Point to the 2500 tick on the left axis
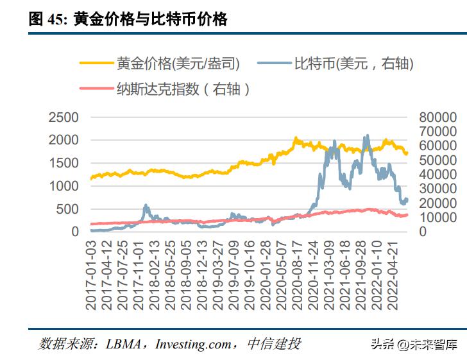point(64,117)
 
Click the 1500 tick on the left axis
point(64,163)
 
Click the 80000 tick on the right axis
point(438,117)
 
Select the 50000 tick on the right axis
point(438,160)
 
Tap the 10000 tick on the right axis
point(438,217)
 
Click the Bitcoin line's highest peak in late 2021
point(367,135)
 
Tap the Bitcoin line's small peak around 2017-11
point(146,205)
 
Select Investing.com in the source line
point(193,344)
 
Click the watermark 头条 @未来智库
point(413,345)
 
